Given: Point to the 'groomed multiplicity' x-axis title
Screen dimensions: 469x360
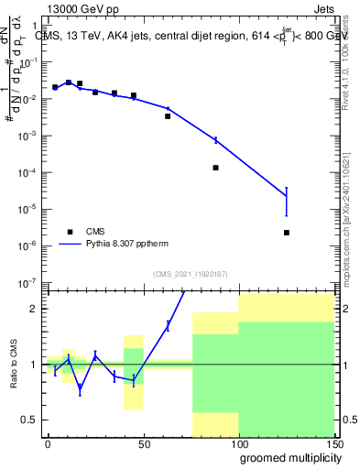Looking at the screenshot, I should [x=287, y=456].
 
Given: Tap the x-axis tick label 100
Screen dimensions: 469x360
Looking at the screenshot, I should [x=238, y=443].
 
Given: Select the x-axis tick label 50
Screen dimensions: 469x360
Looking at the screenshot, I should [x=143, y=443].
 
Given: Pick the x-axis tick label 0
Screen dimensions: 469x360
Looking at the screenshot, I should [x=48, y=443].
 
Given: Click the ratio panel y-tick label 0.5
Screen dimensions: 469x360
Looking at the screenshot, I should [x=27, y=420].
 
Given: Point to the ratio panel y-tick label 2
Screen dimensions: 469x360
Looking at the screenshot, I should [x=31, y=309].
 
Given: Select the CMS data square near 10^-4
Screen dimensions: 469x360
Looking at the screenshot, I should [x=215, y=168].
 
